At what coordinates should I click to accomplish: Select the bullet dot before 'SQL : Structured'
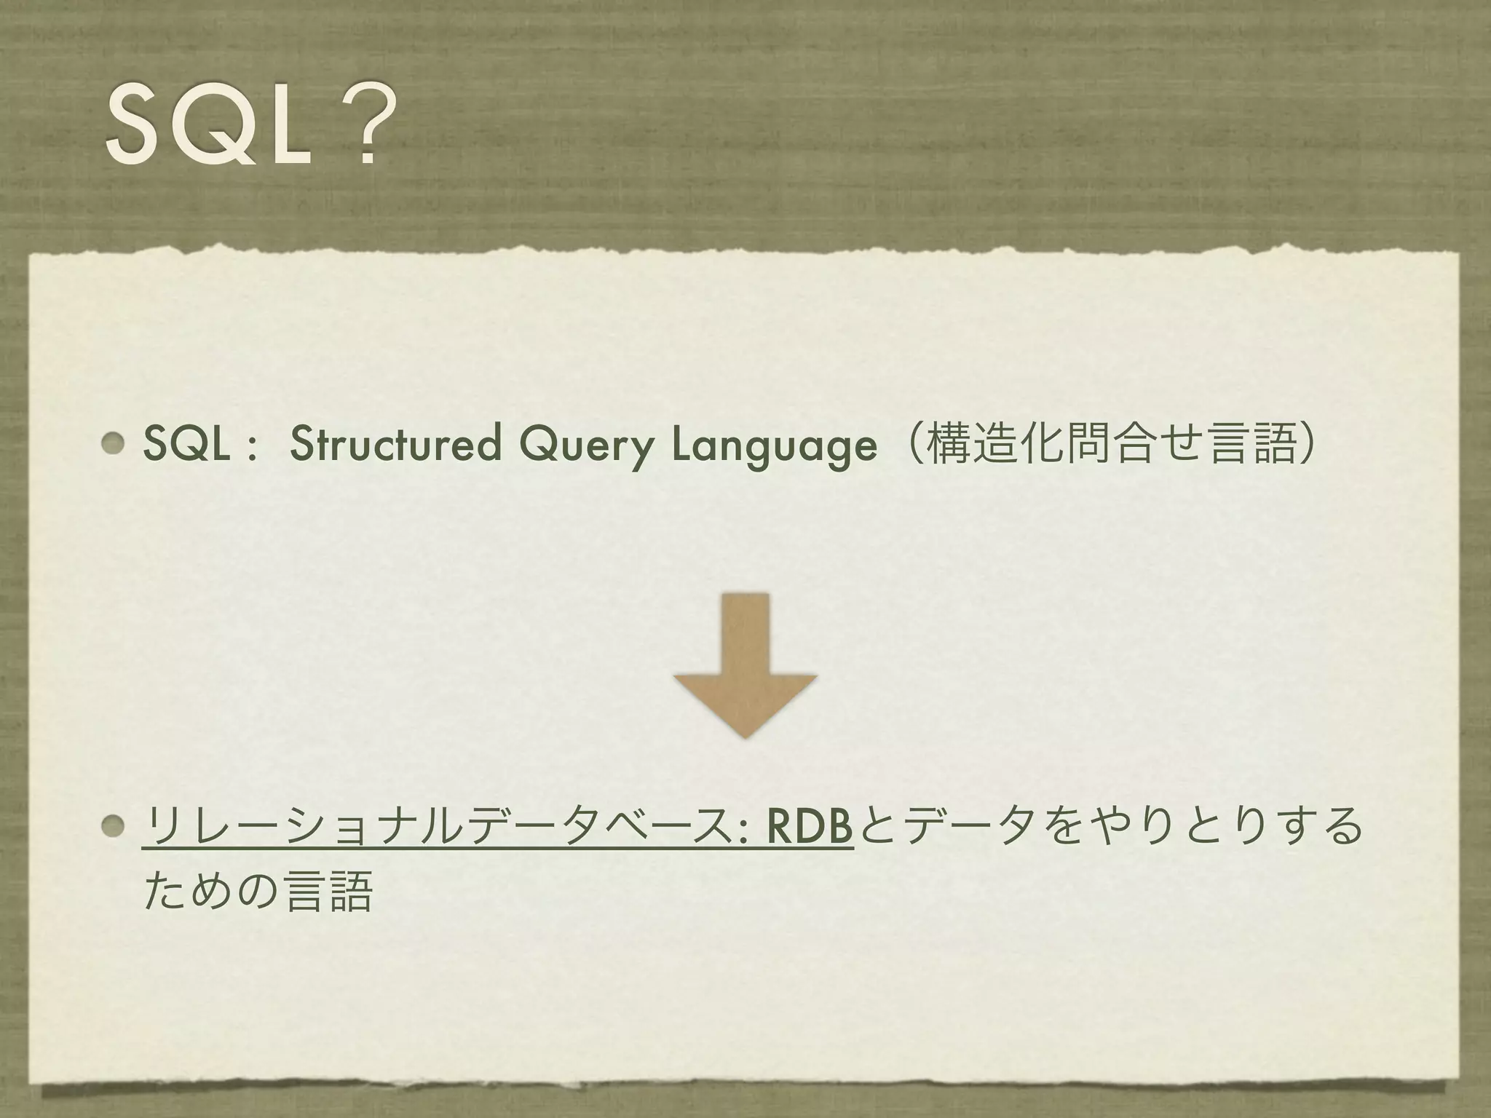114,443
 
